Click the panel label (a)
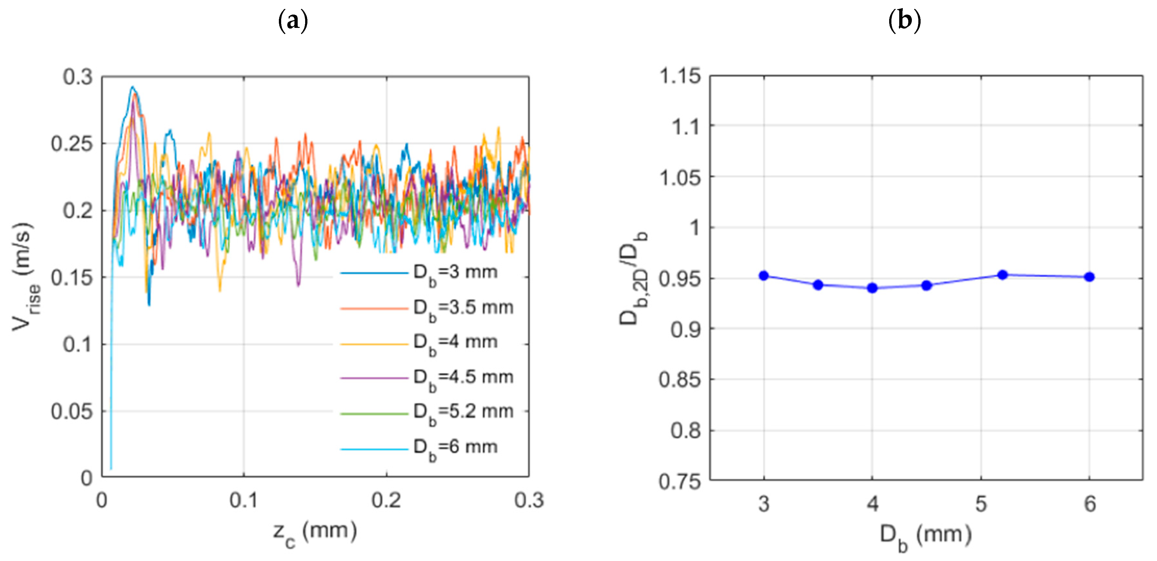(293, 21)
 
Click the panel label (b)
(905, 21)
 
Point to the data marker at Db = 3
(764, 275)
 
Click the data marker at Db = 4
(872, 288)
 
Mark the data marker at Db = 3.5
(818, 285)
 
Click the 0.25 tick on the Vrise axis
(72, 144)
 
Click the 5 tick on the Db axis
(981, 504)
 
